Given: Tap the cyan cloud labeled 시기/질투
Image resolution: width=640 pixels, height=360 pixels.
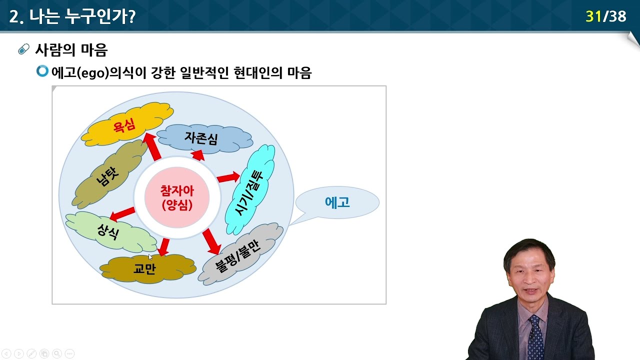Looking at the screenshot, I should click(250, 190).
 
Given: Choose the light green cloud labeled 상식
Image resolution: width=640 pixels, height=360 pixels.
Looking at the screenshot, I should click(110, 231).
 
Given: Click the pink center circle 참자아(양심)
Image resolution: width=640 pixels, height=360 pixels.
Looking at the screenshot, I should click(176, 197).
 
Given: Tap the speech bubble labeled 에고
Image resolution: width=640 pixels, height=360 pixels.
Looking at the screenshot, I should click(337, 202).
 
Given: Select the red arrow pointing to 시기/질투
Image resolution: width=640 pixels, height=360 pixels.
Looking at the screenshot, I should click(228, 177).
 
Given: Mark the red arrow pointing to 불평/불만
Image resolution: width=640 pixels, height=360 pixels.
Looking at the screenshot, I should click(212, 241).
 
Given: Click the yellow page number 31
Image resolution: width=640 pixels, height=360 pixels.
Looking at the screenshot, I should click(593, 16).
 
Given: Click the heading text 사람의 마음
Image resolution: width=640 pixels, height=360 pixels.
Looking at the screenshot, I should click(71, 50).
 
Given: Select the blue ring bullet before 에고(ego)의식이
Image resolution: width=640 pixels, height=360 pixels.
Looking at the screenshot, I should click(42, 71).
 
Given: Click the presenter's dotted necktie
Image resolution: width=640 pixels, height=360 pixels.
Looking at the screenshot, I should click(535, 337).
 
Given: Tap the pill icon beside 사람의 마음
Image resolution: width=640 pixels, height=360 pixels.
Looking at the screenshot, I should click(23, 49).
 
